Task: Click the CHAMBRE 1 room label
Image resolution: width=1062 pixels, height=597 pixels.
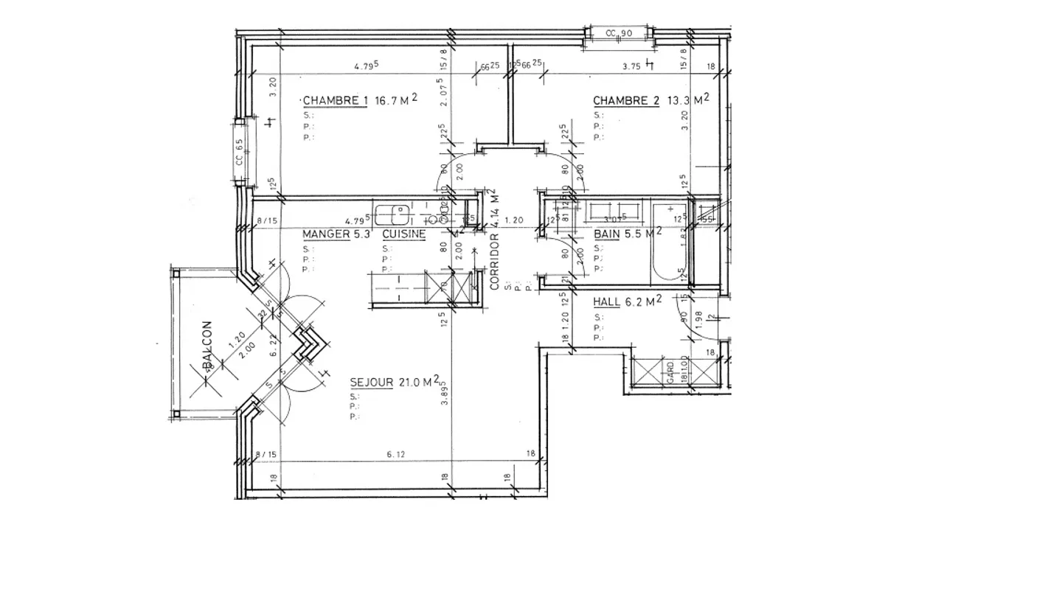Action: [335, 101]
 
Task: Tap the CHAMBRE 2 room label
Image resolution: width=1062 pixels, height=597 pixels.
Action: [626, 101]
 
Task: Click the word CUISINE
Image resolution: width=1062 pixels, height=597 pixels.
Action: [403, 234]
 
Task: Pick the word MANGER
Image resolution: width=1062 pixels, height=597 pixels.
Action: [325, 234]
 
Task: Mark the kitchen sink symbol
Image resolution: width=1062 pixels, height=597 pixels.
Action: [392, 214]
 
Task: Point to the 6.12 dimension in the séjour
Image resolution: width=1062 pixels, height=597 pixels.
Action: [396, 454]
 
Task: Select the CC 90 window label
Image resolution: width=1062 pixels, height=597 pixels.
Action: [619, 33]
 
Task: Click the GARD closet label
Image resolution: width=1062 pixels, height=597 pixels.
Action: [670, 369]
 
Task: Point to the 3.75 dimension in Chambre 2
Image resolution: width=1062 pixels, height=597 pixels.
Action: [631, 66]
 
